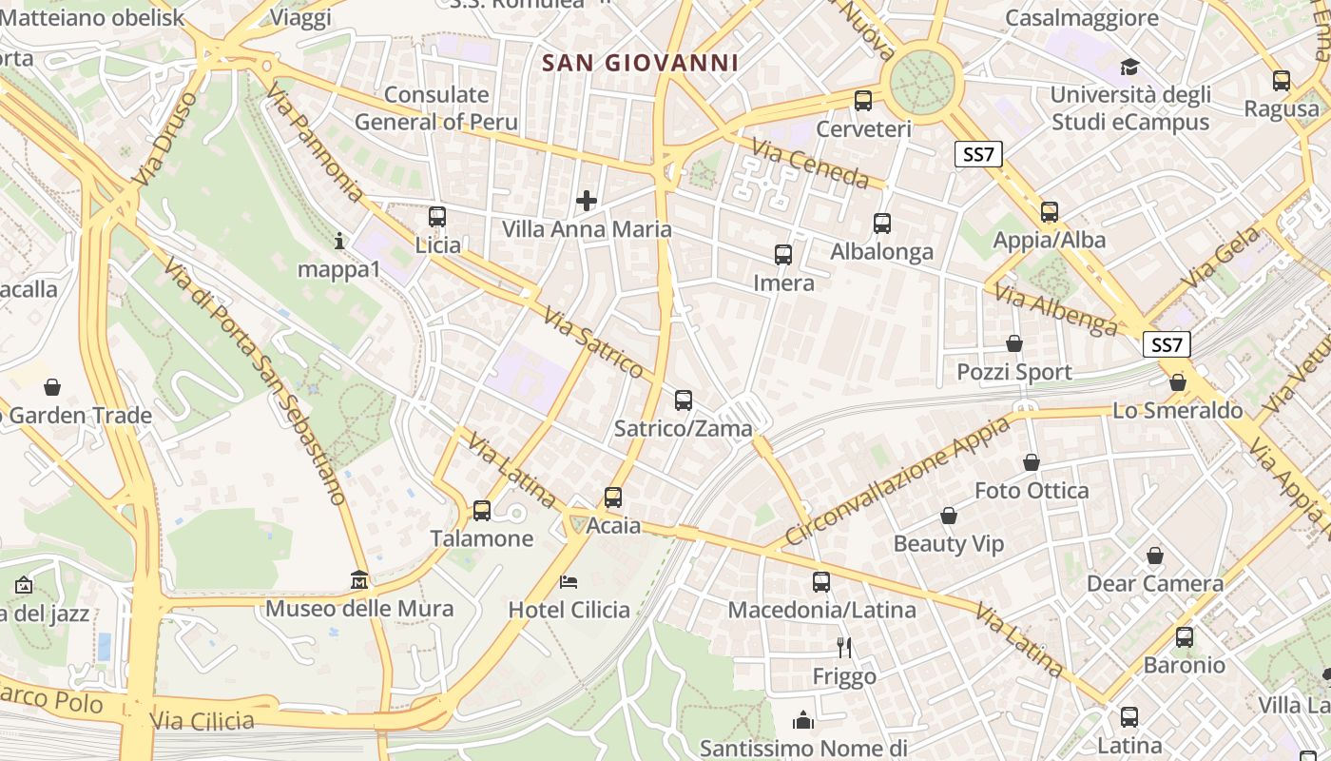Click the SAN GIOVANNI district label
click(x=640, y=64)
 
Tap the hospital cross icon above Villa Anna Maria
click(x=587, y=201)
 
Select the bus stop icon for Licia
click(x=437, y=217)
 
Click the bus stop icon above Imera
click(x=783, y=255)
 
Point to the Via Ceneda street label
click(x=810, y=164)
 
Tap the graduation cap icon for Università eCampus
click(x=1129, y=67)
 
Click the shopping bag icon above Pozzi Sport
click(x=1014, y=343)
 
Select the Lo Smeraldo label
click(x=1177, y=411)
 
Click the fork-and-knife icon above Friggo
click(x=844, y=648)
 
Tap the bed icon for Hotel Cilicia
click(x=569, y=581)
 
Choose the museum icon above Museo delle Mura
click(x=359, y=579)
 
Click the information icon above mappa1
click(x=339, y=242)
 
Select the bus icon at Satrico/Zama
click(x=684, y=400)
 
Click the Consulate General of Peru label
click(x=436, y=108)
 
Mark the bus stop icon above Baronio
click(x=1184, y=637)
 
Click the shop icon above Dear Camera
click(x=1154, y=556)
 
